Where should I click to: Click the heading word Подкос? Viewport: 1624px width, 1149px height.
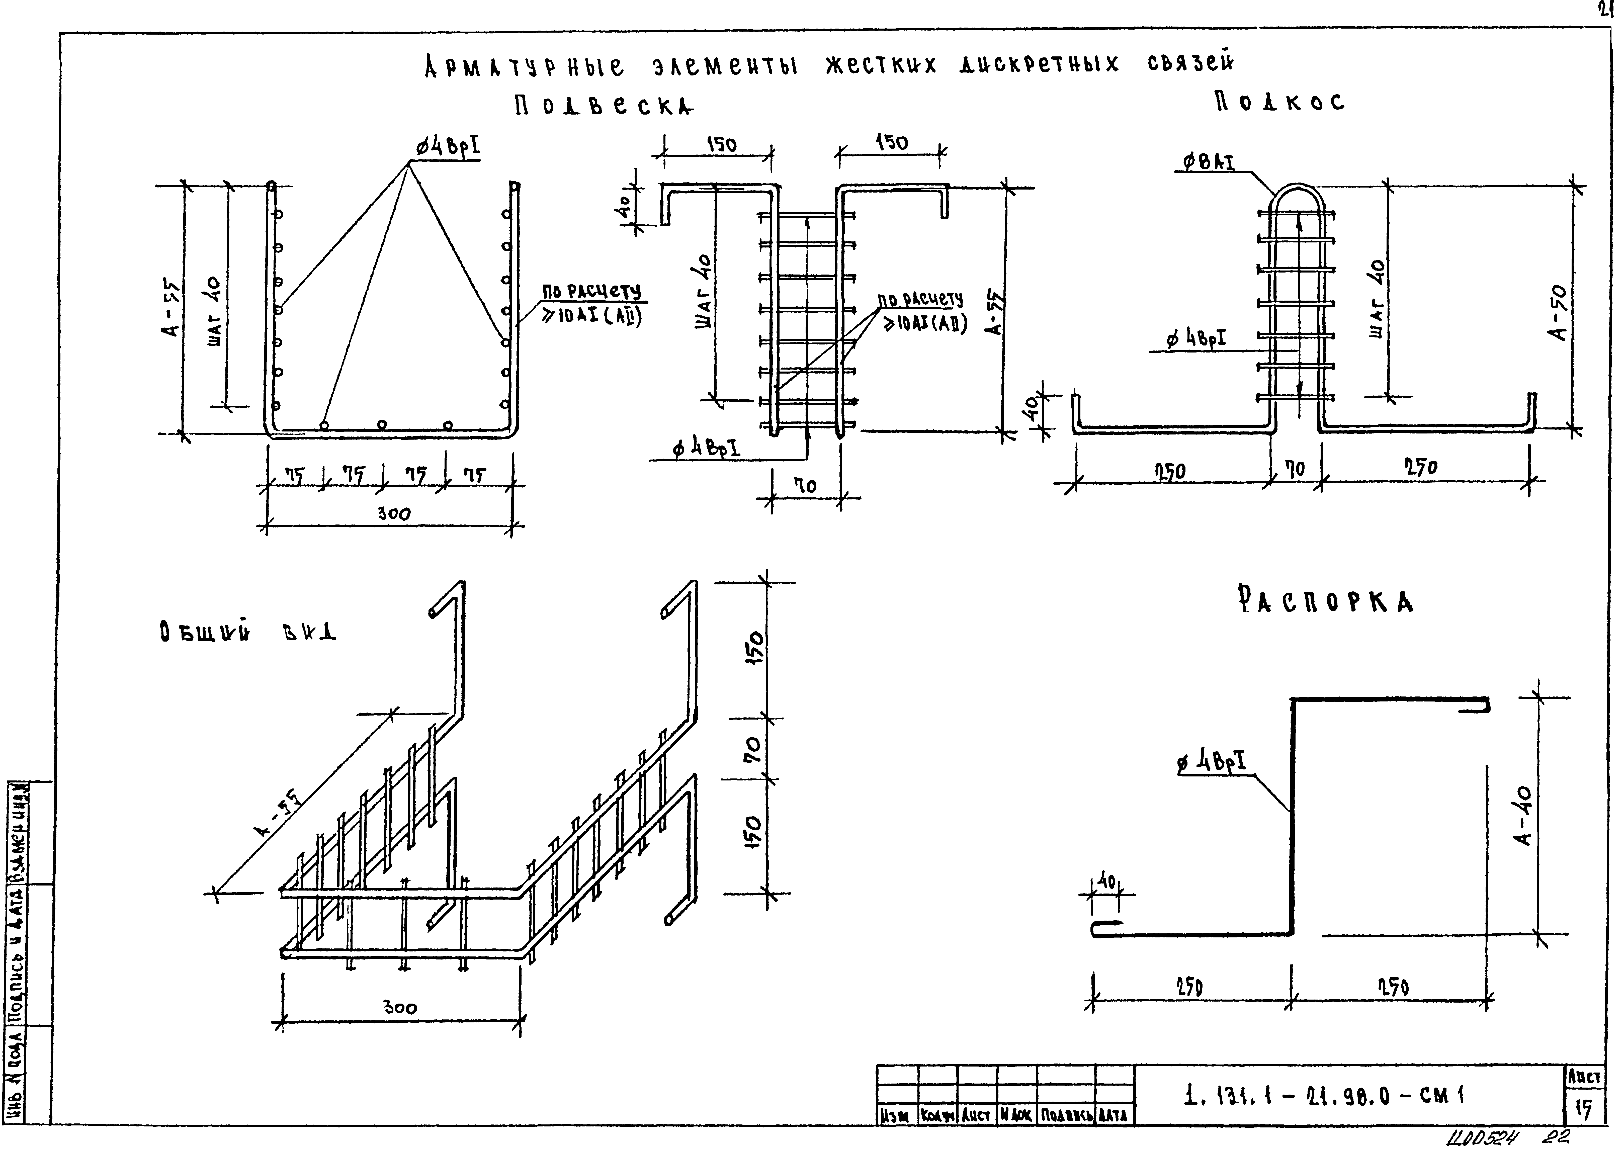(1279, 103)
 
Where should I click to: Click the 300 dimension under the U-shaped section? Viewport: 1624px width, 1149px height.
(393, 514)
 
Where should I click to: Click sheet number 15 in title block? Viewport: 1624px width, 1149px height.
(1583, 1110)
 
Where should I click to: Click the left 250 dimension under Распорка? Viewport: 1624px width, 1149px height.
(1189, 987)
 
